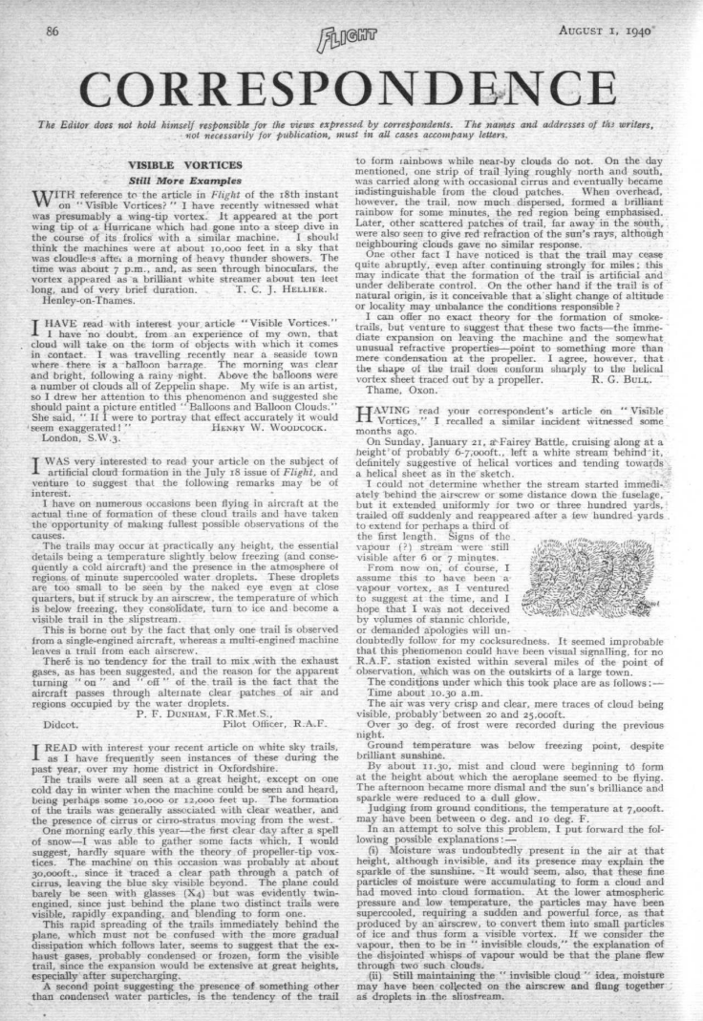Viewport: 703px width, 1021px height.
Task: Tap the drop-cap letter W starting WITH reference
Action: (54, 201)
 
